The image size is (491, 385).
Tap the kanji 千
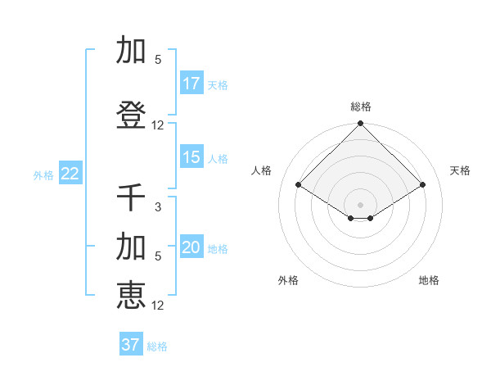point(131,198)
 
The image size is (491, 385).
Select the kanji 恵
point(131,296)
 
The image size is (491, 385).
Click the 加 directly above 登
point(131,51)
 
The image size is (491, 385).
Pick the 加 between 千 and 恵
point(131,247)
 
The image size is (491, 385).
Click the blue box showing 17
point(191,84)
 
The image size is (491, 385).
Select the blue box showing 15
point(191,157)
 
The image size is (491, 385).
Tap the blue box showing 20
point(191,247)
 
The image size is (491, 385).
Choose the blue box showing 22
point(70,174)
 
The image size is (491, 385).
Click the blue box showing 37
point(131,345)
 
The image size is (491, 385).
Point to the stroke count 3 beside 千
point(158,207)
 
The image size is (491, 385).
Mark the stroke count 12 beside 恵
point(158,306)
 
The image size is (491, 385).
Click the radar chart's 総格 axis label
point(361,106)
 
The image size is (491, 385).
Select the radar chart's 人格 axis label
point(263,170)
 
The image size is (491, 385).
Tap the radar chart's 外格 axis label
point(288,280)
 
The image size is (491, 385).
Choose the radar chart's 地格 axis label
point(429,280)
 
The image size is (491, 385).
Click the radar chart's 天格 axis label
point(460,170)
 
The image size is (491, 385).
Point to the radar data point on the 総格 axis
point(361,124)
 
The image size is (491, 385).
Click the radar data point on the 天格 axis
point(423,185)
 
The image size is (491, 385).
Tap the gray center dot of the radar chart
point(361,204)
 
